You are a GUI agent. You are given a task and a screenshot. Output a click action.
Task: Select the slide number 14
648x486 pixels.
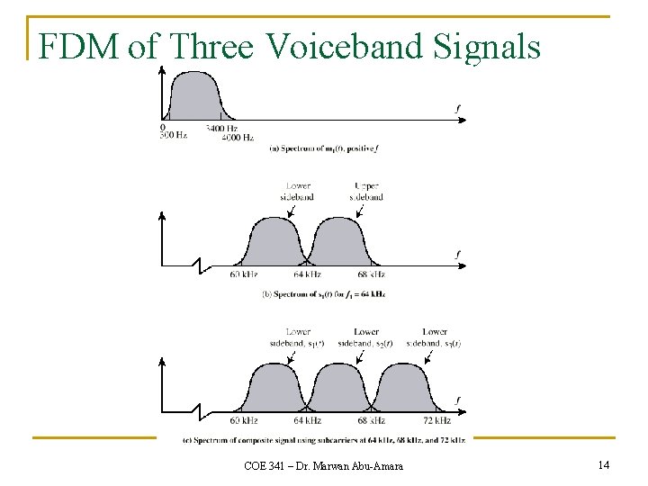tap(603, 464)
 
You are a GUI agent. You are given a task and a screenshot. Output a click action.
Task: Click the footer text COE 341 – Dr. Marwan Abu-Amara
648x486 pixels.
tap(324, 465)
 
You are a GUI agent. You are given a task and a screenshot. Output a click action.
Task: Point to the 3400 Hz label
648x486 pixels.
tap(221, 128)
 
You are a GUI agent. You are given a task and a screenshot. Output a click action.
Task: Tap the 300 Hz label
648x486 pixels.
tap(174, 135)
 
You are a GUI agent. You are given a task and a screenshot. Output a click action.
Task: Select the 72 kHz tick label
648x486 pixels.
tap(436, 420)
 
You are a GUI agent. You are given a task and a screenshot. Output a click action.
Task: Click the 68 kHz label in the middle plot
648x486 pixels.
tap(370, 274)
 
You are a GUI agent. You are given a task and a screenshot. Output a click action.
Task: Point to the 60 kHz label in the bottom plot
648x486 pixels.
tap(244, 420)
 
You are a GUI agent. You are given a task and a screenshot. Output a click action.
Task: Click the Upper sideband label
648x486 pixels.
tap(368, 192)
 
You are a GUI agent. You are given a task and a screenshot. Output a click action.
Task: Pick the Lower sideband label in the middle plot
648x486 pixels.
tap(297, 192)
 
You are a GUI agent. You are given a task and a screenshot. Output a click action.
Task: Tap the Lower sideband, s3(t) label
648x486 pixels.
tap(434, 337)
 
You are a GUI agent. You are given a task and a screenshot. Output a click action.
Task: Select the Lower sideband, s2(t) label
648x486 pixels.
tap(365, 337)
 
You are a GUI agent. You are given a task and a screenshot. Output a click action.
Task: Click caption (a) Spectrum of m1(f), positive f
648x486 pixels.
tap(324, 148)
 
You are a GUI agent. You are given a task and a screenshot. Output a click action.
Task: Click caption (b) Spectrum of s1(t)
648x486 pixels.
tap(323, 294)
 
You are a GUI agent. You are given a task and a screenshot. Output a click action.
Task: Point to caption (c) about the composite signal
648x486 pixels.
tap(324, 439)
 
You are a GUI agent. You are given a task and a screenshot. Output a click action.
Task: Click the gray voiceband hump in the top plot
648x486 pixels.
tap(194, 97)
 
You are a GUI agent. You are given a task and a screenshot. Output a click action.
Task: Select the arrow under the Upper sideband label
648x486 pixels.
tap(360, 211)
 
